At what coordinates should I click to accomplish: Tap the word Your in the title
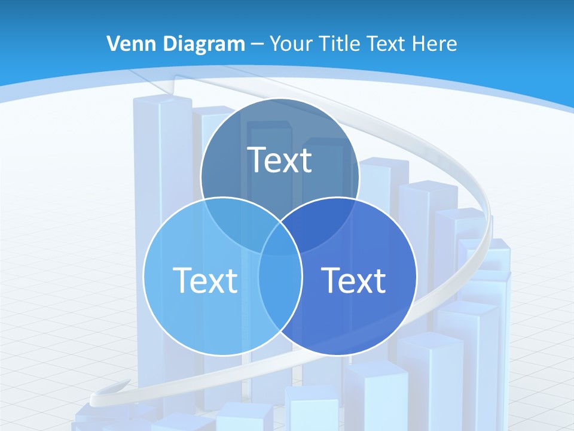pos(292,44)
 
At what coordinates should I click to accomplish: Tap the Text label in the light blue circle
pos(205,280)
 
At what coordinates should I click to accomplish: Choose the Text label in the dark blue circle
pos(353,280)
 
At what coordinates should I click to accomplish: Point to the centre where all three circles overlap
pos(280,242)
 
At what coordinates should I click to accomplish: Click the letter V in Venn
pos(112,44)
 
